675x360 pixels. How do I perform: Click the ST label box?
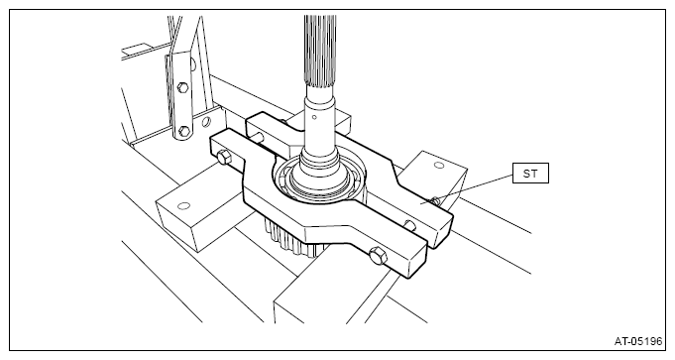[x=530, y=174]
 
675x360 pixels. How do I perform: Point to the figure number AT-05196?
[x=637, y=341]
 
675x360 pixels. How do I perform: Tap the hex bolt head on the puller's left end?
[x=224, y=157]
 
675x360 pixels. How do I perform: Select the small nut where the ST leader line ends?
[x=435, y=200]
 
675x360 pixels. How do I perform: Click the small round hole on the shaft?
[x=314, y=117]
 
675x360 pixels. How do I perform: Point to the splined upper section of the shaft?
[x=320, y=50]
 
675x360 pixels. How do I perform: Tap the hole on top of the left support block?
[x=183, y=206]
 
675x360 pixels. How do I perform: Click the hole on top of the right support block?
[x=439, y=165]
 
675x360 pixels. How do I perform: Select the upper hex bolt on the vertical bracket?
[x=182, y=88]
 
